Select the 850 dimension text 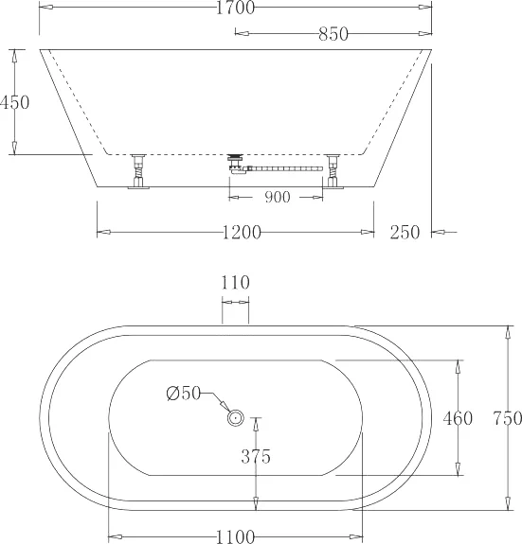(333, 35)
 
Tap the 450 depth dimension (15, 102)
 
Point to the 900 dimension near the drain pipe (277, 197)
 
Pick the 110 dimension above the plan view (235, 282)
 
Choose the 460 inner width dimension (458, 417)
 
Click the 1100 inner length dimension (235, 536)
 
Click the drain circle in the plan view (235, 416)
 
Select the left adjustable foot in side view (139, 171)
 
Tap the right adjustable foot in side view (333, 171)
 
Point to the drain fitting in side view (236, 160)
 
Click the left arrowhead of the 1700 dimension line (44, 9)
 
